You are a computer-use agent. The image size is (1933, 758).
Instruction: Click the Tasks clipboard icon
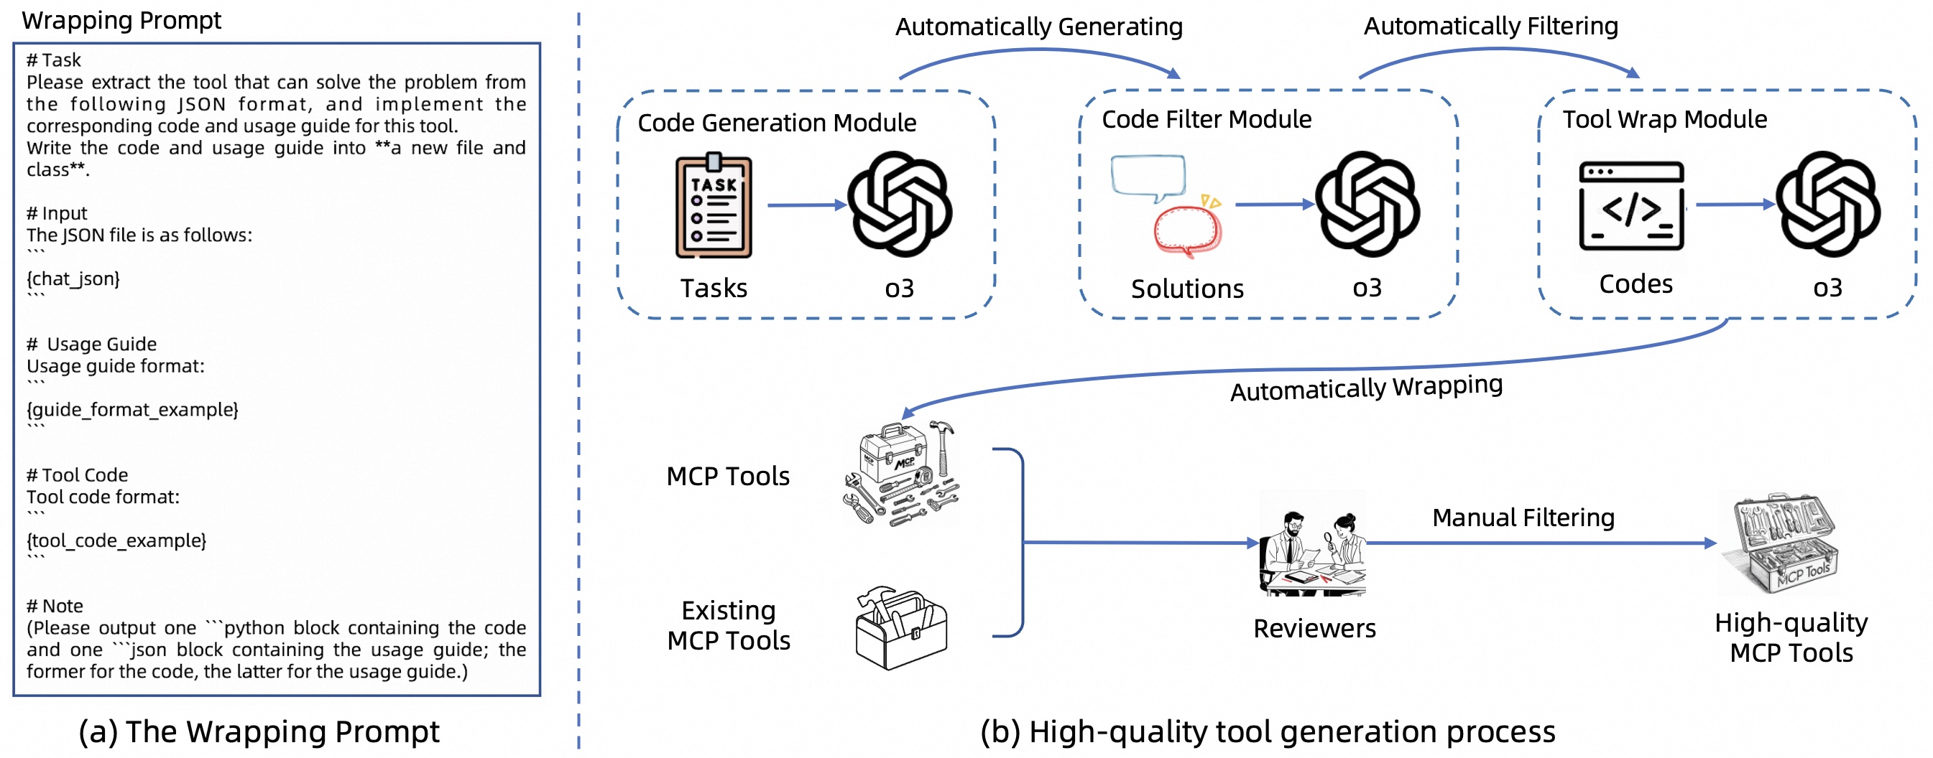click(x=713, y=205)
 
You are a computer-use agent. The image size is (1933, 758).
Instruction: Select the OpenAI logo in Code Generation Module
click(x=899, y=204)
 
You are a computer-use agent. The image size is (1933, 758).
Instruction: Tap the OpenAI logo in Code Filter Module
click(x=1367, y=204)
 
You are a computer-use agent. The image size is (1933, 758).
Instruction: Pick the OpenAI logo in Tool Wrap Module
click(x=1827, y=204)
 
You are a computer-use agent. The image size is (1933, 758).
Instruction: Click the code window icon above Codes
click(x=1630, y=205)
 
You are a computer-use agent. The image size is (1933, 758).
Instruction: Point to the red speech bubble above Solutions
click(x=1187, y=230)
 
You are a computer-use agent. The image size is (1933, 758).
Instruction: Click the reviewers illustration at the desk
click(x=1312, y=545)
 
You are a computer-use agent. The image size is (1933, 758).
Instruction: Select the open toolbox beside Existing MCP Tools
click(x=901, y=627)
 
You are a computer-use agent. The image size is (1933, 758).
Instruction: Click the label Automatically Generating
click(x=1038, y=27)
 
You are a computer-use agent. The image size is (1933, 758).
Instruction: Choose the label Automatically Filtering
click(x=1490, y=27)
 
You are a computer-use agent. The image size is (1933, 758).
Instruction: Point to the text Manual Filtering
click(x=1523, y=518)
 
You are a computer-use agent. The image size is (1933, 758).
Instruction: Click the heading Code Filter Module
click(x=1206, y=119)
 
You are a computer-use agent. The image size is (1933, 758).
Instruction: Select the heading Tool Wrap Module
click(x=1664, y=119)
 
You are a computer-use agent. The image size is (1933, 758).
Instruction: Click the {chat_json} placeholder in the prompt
click(x=73, y=279)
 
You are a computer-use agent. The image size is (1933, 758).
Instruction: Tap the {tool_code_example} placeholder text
click(x=116, y=540)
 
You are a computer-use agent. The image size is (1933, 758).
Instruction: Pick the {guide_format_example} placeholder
click(x=132, y=409)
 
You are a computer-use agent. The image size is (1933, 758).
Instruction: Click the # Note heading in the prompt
click(x=55, y=605)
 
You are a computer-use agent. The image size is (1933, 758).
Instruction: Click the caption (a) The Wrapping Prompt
click(x=259, y=731)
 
